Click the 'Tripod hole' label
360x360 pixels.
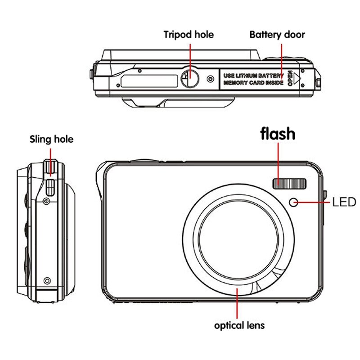189,35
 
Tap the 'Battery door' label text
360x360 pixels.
277,35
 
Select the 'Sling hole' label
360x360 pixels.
51,139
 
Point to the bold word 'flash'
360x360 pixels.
278,134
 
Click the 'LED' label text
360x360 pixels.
344,202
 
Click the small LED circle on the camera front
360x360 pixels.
294,202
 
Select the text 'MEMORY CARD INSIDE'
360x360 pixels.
253,83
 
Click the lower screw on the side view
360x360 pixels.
47,281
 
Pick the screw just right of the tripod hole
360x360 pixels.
210,79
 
